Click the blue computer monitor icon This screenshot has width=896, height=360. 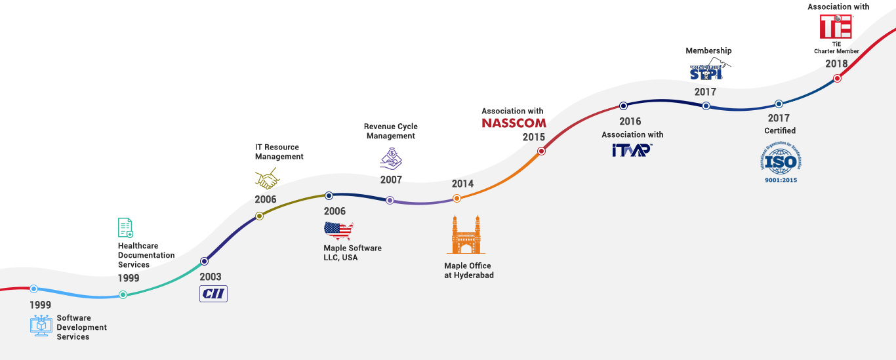click(41, 325)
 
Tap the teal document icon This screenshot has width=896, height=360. click(125, 228)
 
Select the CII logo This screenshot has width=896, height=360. click(213, 294)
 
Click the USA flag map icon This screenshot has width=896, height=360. click(338, 230)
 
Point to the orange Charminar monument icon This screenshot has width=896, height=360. click(466, 234)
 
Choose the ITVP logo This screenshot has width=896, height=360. click(632, 150)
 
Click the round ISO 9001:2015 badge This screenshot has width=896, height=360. click(780, 161)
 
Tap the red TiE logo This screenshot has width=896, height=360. click(836, 27)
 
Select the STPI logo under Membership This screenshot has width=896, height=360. click(706, 72)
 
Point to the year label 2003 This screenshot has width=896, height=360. click(211, 277)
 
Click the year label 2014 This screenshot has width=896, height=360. click(462, 184)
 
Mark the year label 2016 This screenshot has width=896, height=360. click(630, 121)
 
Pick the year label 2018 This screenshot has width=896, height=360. click(836, 64)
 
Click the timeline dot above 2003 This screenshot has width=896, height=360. click(204, 261)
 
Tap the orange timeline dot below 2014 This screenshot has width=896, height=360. click(457, 198)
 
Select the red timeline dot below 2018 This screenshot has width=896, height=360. click(837, 78)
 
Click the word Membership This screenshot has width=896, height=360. click(708, 50)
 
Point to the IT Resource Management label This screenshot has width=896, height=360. click(279, 151)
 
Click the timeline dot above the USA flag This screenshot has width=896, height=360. click(329, 195)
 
